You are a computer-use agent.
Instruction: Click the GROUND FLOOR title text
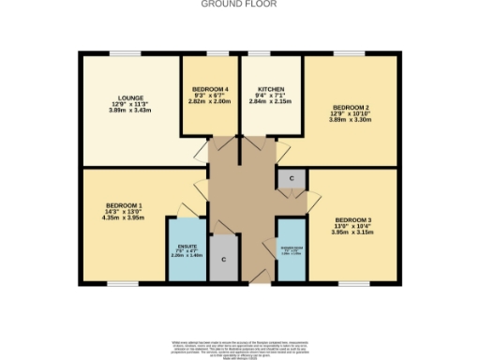[239, 4]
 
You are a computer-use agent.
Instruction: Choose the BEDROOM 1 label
[124, 204]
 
